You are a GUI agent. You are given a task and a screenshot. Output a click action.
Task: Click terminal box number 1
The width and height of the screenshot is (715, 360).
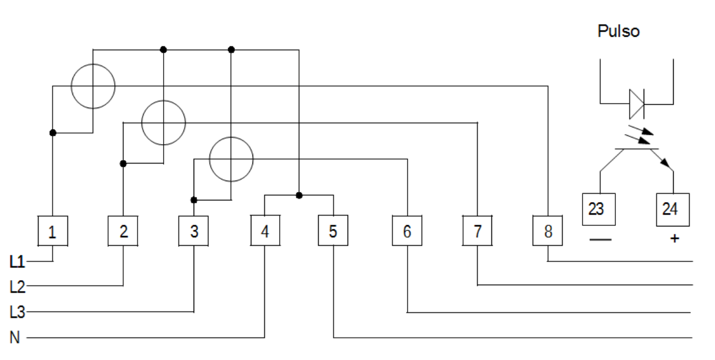(53, 231)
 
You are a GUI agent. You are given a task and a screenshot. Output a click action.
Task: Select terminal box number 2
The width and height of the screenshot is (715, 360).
(123, 231)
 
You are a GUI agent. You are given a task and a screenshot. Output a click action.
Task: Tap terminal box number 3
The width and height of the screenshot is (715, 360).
(194, 231)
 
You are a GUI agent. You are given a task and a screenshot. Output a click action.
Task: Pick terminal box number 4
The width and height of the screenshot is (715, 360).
(266, 230)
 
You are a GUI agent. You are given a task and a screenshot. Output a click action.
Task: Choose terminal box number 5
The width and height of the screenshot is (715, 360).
(333, 230)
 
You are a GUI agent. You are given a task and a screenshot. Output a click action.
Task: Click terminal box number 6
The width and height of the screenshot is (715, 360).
(407, 230)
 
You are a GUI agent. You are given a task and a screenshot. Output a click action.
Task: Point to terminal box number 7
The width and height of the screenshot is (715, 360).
(477, 230)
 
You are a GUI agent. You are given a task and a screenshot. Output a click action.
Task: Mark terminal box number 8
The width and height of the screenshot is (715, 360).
(547, 230)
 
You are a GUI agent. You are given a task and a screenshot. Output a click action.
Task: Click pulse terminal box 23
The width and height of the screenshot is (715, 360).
(599, 209)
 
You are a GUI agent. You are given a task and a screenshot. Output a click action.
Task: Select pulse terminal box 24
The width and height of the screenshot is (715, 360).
(673, 209)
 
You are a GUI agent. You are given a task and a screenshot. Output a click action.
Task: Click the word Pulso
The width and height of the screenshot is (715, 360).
(619, 31)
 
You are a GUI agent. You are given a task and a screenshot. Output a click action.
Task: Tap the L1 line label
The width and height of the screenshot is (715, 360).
(17, 262)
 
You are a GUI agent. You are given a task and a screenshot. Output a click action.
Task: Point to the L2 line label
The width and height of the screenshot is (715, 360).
(17, 286)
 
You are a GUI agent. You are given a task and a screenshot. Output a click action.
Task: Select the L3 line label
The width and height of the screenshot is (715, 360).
(17, 312)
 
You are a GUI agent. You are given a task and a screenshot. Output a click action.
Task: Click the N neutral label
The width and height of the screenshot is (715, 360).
(15, 337)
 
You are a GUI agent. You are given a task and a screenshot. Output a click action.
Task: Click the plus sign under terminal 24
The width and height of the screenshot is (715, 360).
(674, 238)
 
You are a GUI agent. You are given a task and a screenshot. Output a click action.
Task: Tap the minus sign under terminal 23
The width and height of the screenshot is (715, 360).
(601, 239)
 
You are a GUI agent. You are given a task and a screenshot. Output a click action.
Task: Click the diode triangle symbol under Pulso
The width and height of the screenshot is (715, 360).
(636, 104)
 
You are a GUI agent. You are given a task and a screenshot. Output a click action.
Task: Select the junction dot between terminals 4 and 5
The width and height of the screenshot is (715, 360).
(299, 195)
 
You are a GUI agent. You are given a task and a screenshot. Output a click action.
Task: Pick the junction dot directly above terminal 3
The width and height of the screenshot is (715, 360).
(194, 200)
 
